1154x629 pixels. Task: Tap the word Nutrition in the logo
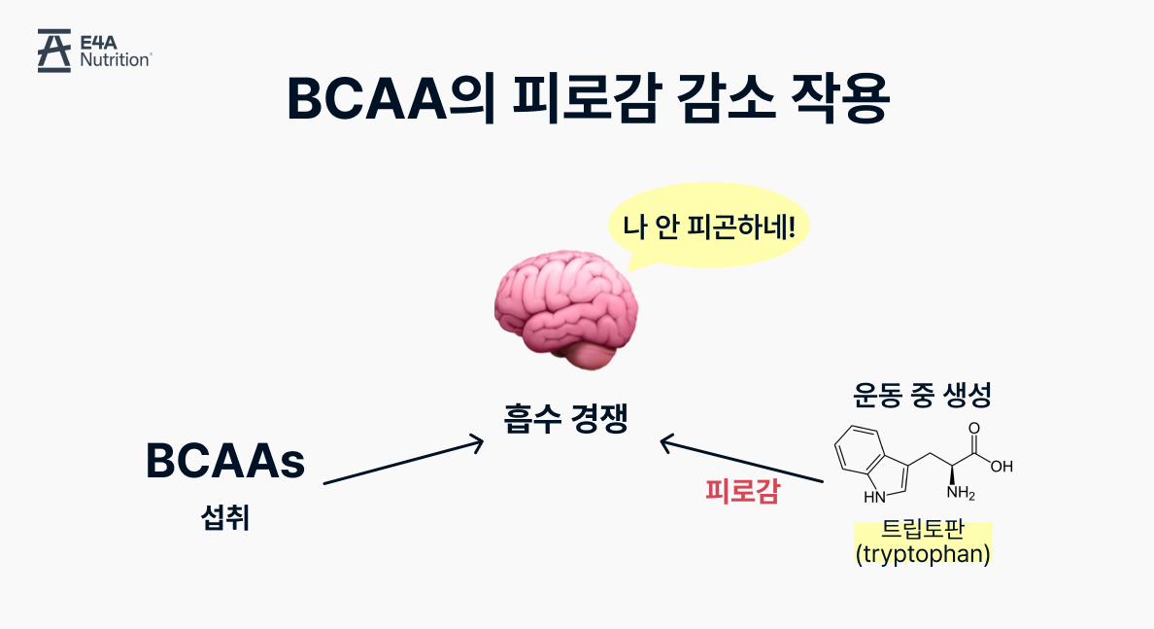coord(115,60)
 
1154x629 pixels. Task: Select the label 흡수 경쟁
coord(566,419)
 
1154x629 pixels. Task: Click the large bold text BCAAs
coord(225,462)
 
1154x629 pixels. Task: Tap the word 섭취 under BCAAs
coord(224,517)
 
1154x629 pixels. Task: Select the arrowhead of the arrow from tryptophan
coord(666,443)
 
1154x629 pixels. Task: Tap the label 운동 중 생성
coord(922,395)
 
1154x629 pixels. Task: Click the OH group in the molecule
coord(1001,467)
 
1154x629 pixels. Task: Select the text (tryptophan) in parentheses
coord(922,555)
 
